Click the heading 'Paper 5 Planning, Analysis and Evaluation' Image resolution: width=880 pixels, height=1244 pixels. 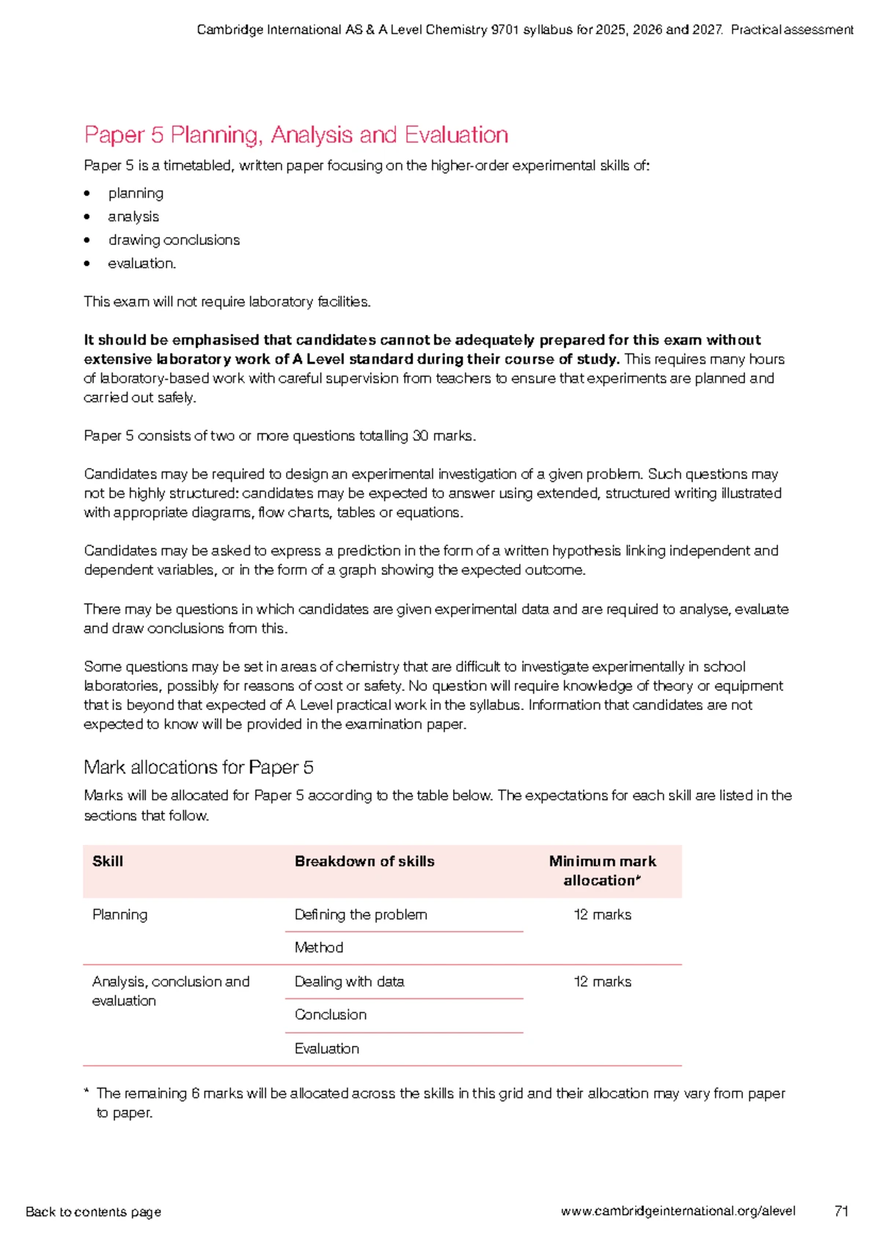point(296,135)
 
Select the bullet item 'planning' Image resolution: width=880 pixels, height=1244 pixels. point(136,194)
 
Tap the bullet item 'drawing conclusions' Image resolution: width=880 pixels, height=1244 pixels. point(174,240)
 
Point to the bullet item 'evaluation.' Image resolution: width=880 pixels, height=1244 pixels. point(142,263)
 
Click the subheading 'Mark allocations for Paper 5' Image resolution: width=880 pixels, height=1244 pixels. point(199,767)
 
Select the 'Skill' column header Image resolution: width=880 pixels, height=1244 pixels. point(108,861)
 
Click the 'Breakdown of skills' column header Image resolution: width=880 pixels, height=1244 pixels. point(364,861)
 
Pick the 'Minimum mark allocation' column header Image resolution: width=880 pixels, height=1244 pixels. point(602,871)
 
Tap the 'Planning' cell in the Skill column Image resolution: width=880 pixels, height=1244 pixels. point(120,915)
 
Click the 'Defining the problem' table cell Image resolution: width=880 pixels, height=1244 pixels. point(361,915)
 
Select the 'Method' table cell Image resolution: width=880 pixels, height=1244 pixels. point(319,948)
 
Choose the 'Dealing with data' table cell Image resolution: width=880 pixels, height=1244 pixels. point(349,981)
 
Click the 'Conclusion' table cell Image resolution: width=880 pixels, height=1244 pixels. point(331,1014)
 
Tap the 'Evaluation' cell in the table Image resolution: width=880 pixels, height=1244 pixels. point(327,1049)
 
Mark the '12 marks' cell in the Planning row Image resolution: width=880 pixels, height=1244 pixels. point(602,915)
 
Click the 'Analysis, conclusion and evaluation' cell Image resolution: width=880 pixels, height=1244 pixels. point(171,991)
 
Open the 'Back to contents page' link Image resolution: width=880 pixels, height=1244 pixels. point(93,1212)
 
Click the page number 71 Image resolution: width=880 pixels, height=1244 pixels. point(841,1211)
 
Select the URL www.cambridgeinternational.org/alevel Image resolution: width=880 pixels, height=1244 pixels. point(678,1211)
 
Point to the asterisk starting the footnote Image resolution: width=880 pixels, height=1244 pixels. point(87,1092)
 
